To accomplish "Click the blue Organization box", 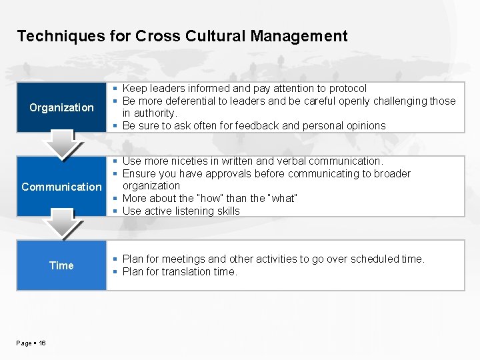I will tap(61, 107).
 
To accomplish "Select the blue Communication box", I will tap(61, 187).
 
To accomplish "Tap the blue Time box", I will tap(61, 265).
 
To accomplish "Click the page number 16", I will tap(42, 343).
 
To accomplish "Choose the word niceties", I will tap(191, 161).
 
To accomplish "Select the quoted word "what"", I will tap(282, 199).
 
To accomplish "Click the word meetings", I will tap(188, 259).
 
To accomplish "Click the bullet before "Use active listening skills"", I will tap(115, 211).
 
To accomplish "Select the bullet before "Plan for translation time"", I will tap(115, 272).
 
